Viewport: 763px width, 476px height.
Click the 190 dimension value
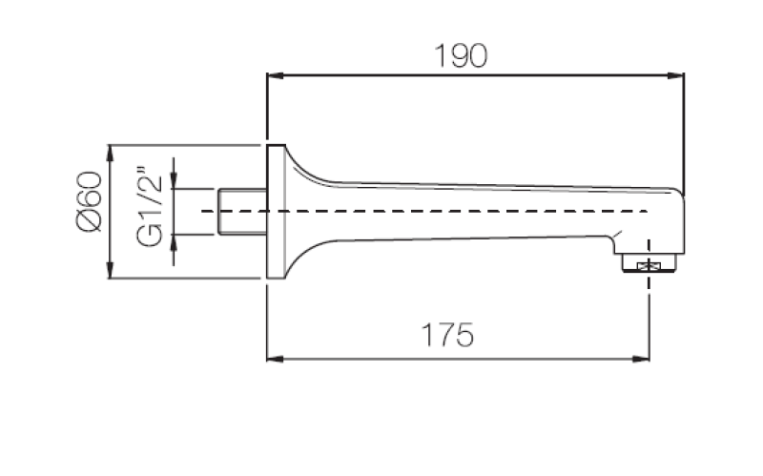click(461, 55)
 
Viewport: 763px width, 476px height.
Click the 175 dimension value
click(447, 336)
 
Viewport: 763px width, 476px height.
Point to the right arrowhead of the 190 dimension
click(680, 75)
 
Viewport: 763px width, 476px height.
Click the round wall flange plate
click(276, 212)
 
